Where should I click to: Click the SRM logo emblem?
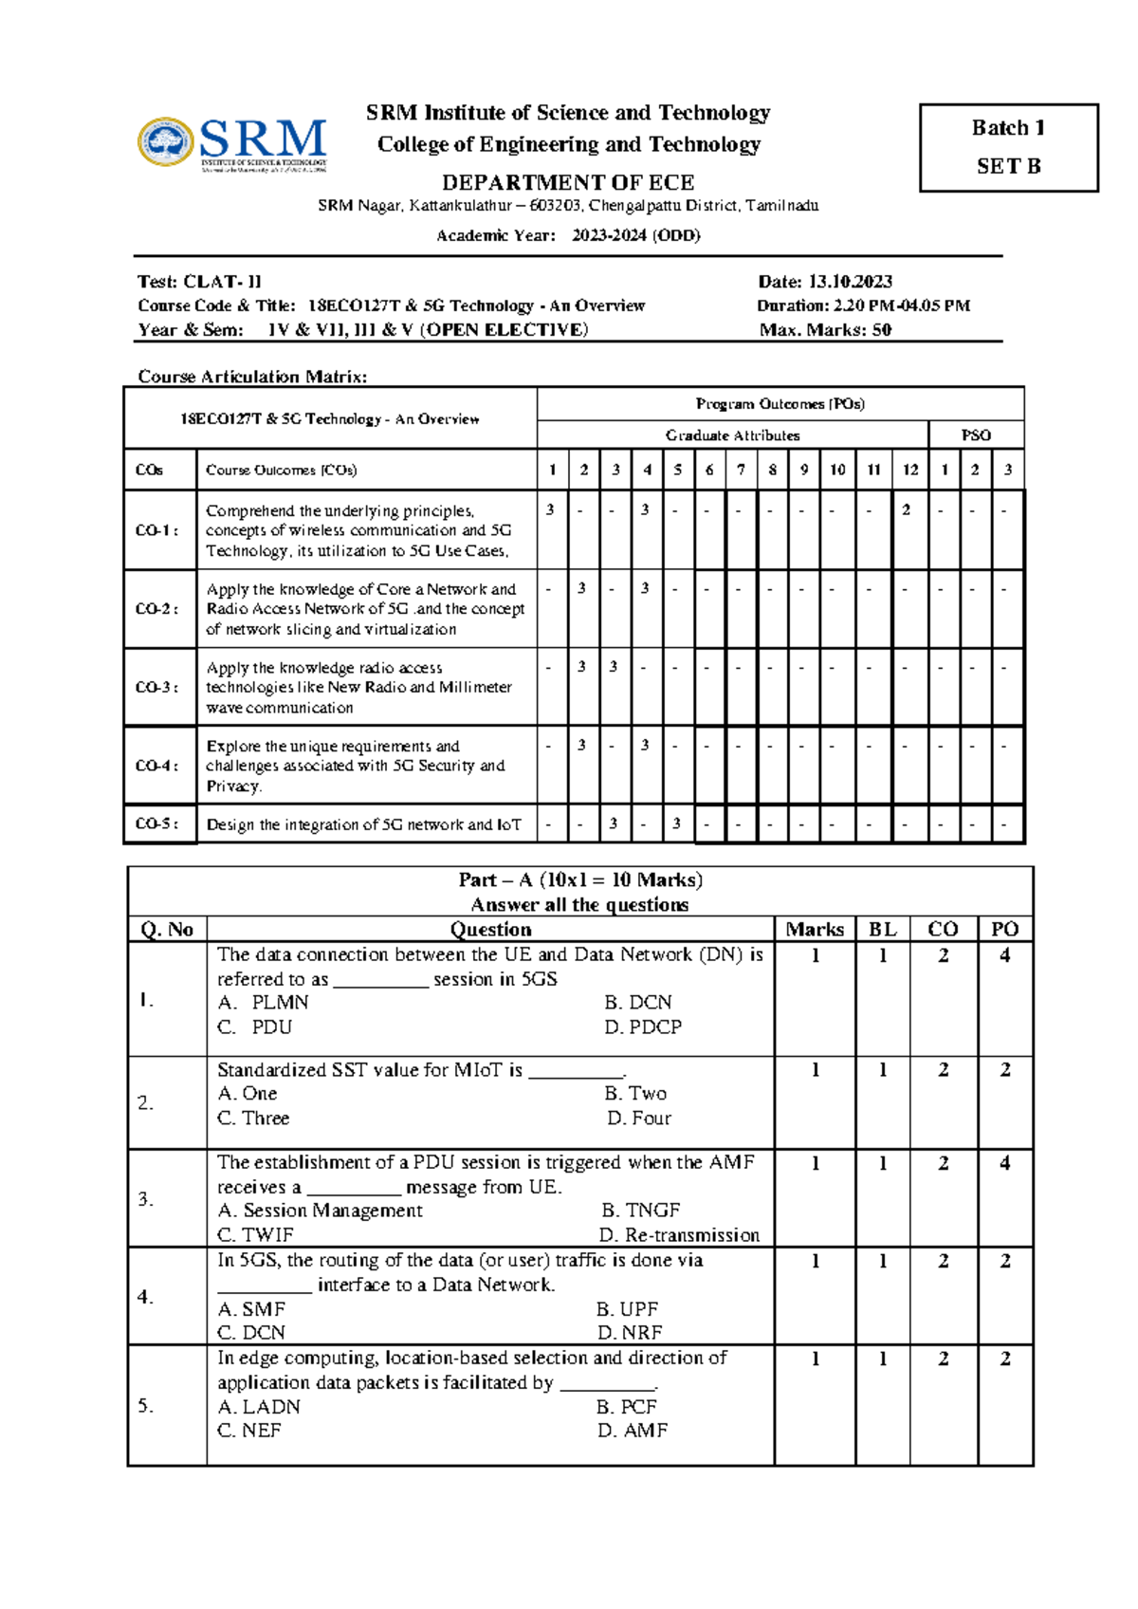pyautogui.click(x=166, y=142)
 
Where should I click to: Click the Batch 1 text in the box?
pyautogui.click(x=1008, y=128)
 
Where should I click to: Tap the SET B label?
pyautogui.click(x=1008, y=166)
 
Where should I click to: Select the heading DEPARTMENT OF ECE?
pyautogui.click(x=568, y=182)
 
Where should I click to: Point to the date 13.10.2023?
pyautogui.click(x=850, y=282)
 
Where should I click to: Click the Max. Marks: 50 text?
pyautogui.click(x=825, y=330)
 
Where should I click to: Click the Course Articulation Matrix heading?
pyautogui.click(x=252, y=377)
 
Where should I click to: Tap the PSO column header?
pyautogui.click(x=976, y=435)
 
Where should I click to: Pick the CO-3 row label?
pyautogui.click(x=156, y=687)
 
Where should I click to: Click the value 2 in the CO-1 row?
pyautogui.click(x=907, y=510)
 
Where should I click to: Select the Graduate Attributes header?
pyautogui.click(x=732, y=435)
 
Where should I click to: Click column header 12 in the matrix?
pyautogui.click(x=909, y=470)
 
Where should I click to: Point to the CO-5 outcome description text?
pyautogui.click(x=363, y=825)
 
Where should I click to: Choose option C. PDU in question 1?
pyautogui.click(x=254, y=1027)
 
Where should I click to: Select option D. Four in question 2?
pyautogui.click(x=639, y=1119)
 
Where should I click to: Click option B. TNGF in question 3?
pyautogui.click(x=640, y=1211)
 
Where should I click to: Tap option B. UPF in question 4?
pyautogui.click(x=627, y=1309)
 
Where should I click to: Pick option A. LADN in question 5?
pyautogui.click(x=259, y=1407)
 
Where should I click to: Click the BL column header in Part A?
pyautogui.click(x=882, y=930)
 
